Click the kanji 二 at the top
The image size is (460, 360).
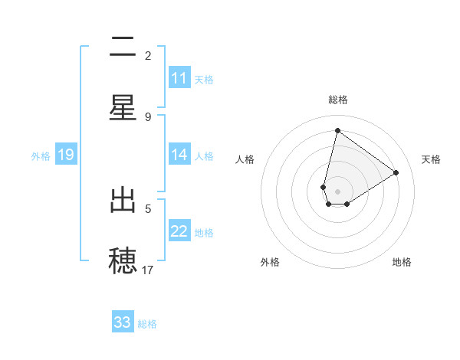pyautogui.click(x=123, y=49)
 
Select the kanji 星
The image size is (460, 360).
pyautogui.click(x=123, y=108)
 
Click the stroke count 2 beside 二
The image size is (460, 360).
pyautogui.click(x=148, y=55)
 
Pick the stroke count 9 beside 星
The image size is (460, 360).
pyautogui.click(x=148, y=116)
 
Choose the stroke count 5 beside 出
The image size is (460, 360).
pyautogui.click(x=148, y=208)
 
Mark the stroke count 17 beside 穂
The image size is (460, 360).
pyautogui.click(x=148, y=269)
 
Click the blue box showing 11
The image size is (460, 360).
pyautogui.click(x=179, y=78)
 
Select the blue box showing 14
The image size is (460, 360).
pyautogui.click(x=179, y=155)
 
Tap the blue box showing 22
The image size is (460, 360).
pyautogui.click(x=179, y=231)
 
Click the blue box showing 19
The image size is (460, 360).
pyautogui.click(x=66, y=155)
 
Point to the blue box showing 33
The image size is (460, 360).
pyautogui.click(x=123, y=322)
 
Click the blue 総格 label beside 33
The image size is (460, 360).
pyautogui.click(x=148, y=324)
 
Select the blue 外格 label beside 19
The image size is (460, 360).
pyautogui.click(x=41, y=156)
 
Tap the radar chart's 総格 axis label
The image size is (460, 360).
pyautogui.click(x=337, y=100)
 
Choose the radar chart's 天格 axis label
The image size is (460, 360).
pyautogui.click(x=431, y=159)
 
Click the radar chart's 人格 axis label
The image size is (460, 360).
pyautogui.click(x=245, y=159)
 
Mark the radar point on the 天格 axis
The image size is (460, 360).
pyautogui.click(x=396, y=173)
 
